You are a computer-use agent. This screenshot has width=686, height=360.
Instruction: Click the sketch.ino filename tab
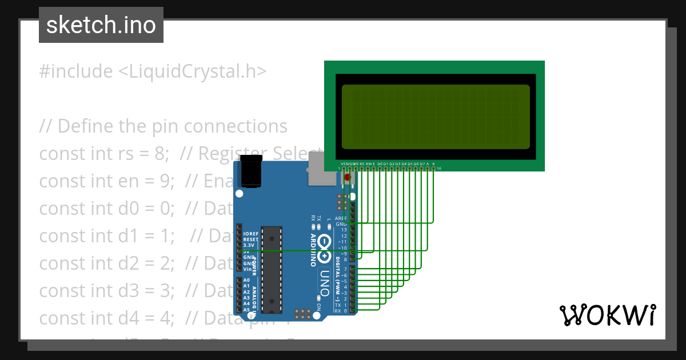tap(101, 25)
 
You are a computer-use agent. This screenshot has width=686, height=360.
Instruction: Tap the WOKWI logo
tap(607, 315)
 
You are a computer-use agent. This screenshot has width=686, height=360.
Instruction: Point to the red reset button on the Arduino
tap(347, 178)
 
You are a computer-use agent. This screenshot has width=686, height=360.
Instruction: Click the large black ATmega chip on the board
tap(272, 269)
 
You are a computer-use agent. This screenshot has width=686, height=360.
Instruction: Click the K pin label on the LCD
tap(434, 164)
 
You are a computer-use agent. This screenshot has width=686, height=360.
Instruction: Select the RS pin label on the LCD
tap(362, 164)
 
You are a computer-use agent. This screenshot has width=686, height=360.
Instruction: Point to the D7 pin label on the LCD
tap(422, 164)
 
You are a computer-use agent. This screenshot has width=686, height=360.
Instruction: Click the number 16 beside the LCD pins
tap(438, 169)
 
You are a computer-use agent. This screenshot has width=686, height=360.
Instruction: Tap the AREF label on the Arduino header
tap(341, 219)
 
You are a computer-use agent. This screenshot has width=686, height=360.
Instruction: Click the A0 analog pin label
tap(246, 281)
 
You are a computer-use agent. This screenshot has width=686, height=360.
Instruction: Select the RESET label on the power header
tap(251, 239)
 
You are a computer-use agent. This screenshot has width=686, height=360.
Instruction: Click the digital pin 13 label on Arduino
tap(344, 230)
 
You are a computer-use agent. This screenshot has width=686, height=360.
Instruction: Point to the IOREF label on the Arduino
tap(251, 234)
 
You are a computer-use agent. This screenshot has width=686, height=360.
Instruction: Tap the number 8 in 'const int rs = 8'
tap(161, 154)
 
